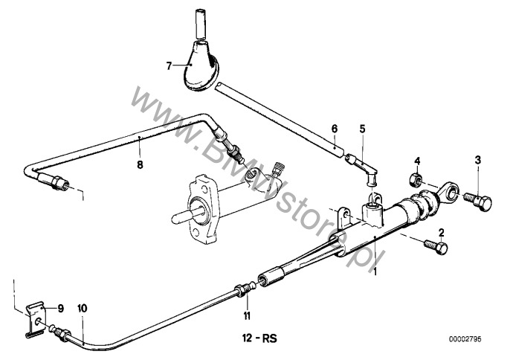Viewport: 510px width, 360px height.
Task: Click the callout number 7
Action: pyautogui.click(x=169, y=66)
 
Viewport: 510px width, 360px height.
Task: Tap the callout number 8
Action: pyautogui.click(x=140, y=165)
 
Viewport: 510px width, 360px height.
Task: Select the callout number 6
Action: pyautogui.click(x=335, y=129)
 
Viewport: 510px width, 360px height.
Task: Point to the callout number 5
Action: pyautogui.click(x=362, y=129)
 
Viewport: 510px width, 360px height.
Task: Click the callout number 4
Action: pyautogui.click(x=417, y=161)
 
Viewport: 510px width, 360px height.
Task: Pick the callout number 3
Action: pyautogui.click(x=477, y=160)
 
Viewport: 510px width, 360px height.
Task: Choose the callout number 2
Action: pyautogui.click(x=441, y=232)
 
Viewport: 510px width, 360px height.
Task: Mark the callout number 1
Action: pyautogui.click(x=375, y=271)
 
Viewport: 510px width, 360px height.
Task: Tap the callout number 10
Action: pyautogui.click(x=83, y=308)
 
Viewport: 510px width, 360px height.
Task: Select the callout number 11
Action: pyautogui.click(x=247, y=315)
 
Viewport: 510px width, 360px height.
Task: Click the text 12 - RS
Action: pyautogui.click(x=259, y=338)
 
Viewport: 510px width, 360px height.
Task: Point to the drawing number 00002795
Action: pyautogui.click(x=465, y=339)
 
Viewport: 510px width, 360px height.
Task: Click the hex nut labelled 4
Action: pyautogui.click(x=415, y=180)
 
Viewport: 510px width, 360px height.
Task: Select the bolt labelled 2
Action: pyautogui.click(x=436, y=246)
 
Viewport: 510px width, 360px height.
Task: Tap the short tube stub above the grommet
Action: pyautogui.click(x=201, y=24)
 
